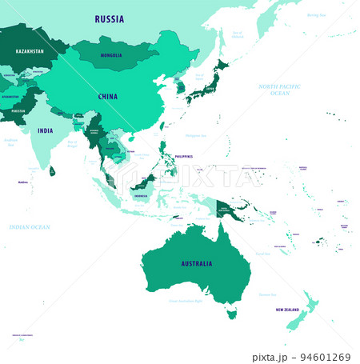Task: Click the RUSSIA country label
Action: (x=109, y=18)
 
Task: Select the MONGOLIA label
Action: (x=110, y=55)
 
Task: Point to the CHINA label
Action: (x=107, y=97)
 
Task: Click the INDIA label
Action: (x=46, y=131)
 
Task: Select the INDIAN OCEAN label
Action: (x=29, y=227)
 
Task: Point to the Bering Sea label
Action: (x=318, y=14)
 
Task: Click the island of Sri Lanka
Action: (x=53, y=170)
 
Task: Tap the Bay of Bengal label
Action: (x=72, y=144)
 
